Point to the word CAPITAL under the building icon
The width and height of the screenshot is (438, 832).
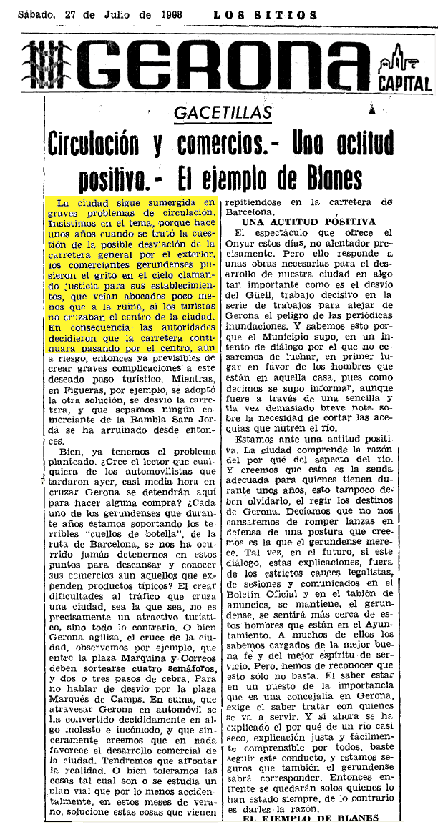405,84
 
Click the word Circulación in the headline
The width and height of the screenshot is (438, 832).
92,145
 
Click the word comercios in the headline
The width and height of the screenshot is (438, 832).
211,145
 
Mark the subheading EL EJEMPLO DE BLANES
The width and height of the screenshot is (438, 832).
309,818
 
